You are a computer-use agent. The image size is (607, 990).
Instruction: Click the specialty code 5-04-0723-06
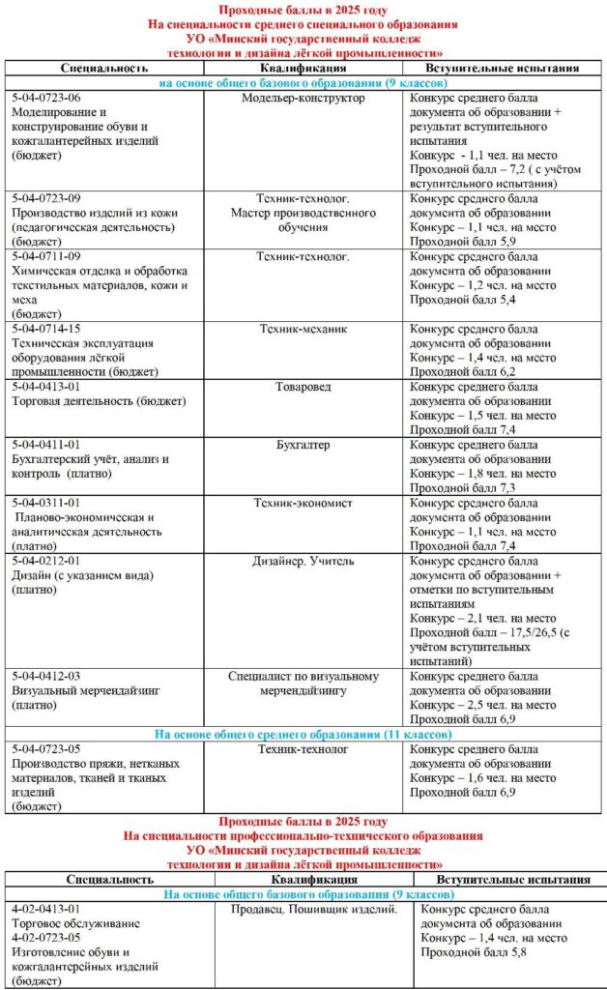(x=45, y=99)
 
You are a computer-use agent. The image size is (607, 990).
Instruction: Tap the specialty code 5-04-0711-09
(x=45, y=256)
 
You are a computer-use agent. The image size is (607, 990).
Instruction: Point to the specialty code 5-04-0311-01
(x=45, y=503)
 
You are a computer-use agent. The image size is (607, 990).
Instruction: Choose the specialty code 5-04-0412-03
(x=45, y=676)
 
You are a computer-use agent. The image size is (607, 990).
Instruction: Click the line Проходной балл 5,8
(x=468, y=953)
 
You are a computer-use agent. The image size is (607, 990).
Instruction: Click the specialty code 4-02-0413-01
(x=45, y=910)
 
